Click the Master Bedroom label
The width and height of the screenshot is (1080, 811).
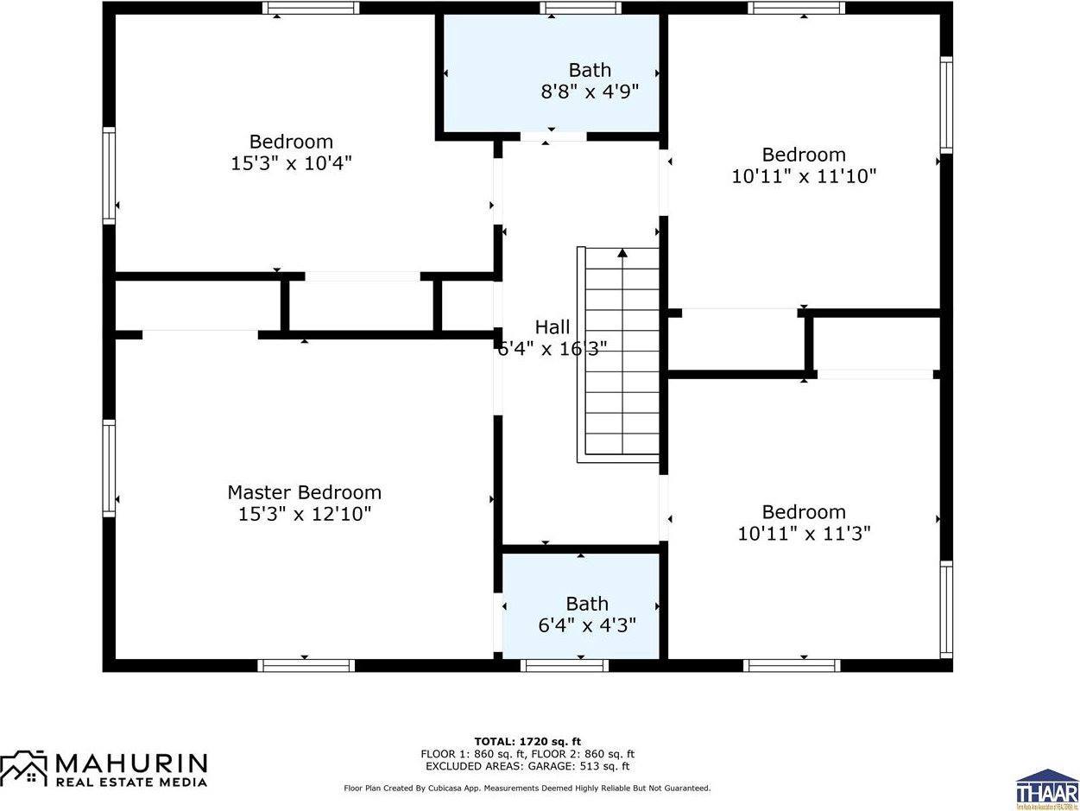click(304, 492)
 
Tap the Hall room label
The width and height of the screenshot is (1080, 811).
click(553, 327)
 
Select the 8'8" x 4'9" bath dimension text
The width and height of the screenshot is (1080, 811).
click(590, 91)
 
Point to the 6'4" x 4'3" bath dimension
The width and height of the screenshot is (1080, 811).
click(587, 624)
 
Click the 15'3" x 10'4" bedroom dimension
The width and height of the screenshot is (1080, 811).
click(291, 162)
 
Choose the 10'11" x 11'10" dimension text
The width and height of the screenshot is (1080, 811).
click(804, 176)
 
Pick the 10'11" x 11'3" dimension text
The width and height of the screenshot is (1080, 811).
click(804, 533)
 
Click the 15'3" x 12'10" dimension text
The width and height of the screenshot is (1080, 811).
click(305, 514)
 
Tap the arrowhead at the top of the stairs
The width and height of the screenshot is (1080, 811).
click(622, 253)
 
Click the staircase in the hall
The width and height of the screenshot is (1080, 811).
click(621, 354)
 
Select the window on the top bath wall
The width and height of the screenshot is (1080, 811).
click(581, 8)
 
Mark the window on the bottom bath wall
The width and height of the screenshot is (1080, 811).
click(565, 665)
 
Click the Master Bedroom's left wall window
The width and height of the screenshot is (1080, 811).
click(109, 468)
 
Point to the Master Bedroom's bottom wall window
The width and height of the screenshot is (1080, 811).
click(306, 665)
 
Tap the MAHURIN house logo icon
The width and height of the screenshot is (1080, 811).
click(24, 767)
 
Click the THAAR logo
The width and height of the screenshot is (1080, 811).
click(1047, 788)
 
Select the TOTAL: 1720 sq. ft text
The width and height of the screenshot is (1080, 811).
click(527, 741)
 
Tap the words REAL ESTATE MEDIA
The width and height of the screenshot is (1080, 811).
click(131, 782)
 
